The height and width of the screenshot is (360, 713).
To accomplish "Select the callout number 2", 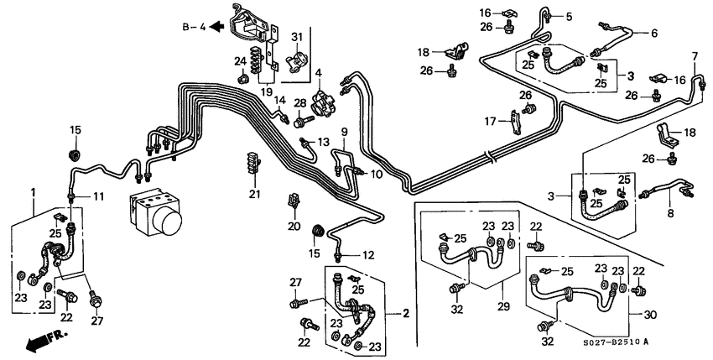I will [x=405, y=313].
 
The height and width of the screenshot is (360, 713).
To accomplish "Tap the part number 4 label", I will [x=318, y=73].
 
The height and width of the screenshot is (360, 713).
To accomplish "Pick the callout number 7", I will [x=694, y=55].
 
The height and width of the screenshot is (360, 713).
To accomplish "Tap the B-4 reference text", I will [x=194, y=27].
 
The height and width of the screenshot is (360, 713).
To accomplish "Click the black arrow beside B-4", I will [x=216, y=27].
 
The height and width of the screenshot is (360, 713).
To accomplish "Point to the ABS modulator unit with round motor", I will [x=158, y=212].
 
